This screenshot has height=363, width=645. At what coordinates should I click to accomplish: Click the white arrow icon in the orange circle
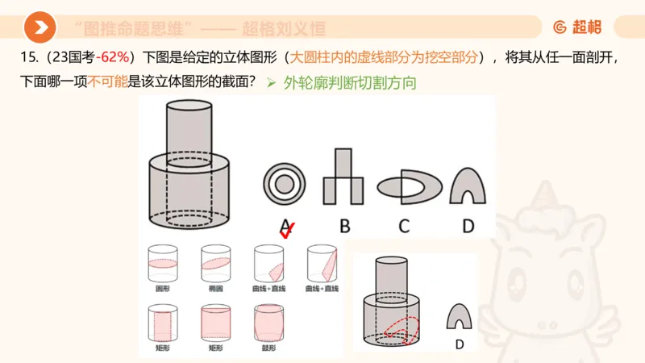(x=40, y=28)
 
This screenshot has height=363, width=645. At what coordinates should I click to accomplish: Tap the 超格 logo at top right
(x=577, y=27)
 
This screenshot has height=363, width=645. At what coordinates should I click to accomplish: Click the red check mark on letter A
(x=286, y=230)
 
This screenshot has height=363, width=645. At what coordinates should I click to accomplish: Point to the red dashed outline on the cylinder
(x=402, y=328)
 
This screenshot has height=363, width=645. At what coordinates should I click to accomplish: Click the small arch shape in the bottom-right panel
(x=460, y=318)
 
